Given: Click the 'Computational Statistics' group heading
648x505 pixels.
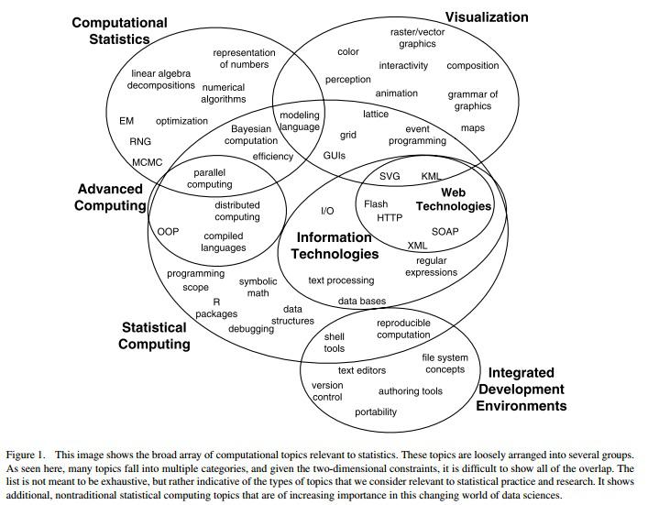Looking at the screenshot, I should tap(119, 30).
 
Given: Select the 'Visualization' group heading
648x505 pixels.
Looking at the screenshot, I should tap(487, 16).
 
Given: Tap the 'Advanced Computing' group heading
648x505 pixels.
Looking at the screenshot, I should tap(110, 197).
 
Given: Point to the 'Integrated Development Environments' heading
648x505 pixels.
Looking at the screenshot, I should tap(522, 389).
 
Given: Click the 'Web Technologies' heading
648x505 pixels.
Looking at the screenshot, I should tap(453, 200).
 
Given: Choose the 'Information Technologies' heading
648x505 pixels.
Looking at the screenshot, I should tap(335, 246).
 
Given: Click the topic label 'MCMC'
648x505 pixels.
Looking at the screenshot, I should tap(147, 162).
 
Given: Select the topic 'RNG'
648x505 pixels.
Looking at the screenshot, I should tap(140, 142).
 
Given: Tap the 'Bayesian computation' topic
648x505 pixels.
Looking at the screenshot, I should tap(251, 136).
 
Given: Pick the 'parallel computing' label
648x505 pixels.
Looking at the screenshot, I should tap(210, 178).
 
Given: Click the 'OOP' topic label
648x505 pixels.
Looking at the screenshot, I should tap(168, 232).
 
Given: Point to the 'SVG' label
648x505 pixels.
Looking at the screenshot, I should tap(390, 176).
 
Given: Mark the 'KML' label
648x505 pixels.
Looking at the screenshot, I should tap(431, 176).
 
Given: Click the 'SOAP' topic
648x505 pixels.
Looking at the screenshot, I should tap(445, 232).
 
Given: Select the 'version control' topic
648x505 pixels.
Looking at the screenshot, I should tap(327, 391).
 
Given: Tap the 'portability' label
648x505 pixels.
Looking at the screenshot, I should tap(376, 412).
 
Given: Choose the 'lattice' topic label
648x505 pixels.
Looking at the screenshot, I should tap(376, 115).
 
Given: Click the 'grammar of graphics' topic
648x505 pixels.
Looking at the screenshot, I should tap(473, 100).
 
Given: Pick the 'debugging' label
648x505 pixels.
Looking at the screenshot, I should tap(250, 329).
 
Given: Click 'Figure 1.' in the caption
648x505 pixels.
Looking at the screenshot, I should tap(27, 455).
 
